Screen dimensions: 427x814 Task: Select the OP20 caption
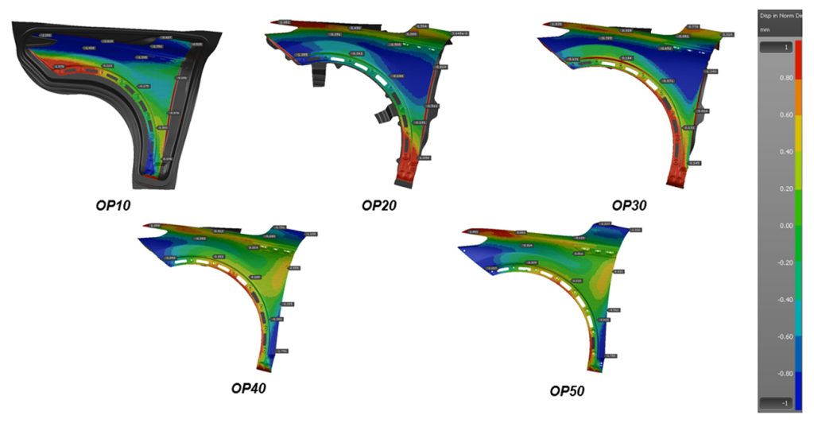coord(379,205)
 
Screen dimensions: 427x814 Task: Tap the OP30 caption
coord(629,205)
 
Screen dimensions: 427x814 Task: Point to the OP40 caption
coord(249,388)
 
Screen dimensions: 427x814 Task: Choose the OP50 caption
coord(567,390)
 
